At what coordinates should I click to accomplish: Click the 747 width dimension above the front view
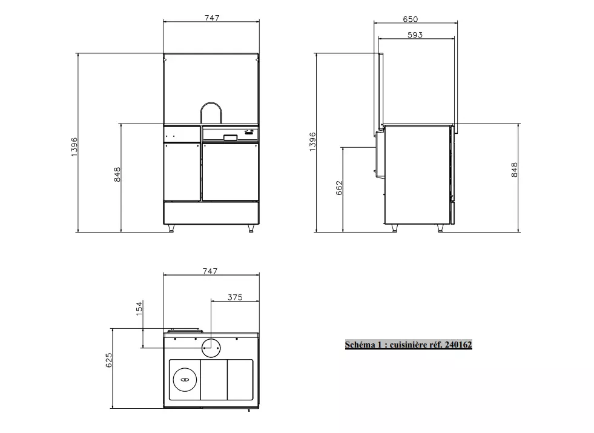(x=212, y=18)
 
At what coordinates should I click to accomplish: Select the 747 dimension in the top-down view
(x=210, y=271)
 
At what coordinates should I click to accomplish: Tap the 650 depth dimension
(x=411, y=19)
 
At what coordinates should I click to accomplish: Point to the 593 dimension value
(x=415, y=35)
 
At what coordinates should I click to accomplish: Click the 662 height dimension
(x=339, y=188)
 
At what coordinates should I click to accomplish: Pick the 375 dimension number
(x=235, y=297)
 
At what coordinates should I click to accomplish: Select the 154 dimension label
(x=139, y=308)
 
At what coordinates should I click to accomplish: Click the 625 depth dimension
(x=109, y=360)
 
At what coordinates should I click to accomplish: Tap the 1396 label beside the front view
(x=74, y=147)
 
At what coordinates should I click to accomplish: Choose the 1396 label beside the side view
(x=312, y=142)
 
